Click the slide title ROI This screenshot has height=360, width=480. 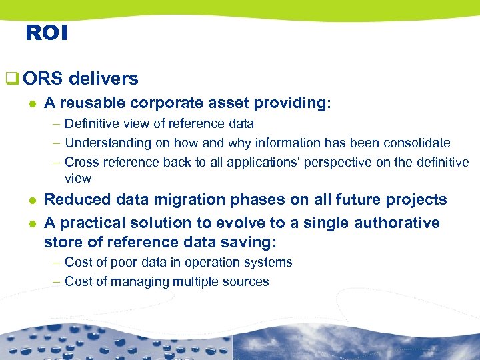[x=47, y=33]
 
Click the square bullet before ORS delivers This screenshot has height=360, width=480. [x=10, y=79]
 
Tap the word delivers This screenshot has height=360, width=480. [x=103, y=79]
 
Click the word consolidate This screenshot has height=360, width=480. [x=417, y=143]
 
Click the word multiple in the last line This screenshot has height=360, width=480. [x=194, y=281]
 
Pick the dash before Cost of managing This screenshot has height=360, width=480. [x=57, y=281]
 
